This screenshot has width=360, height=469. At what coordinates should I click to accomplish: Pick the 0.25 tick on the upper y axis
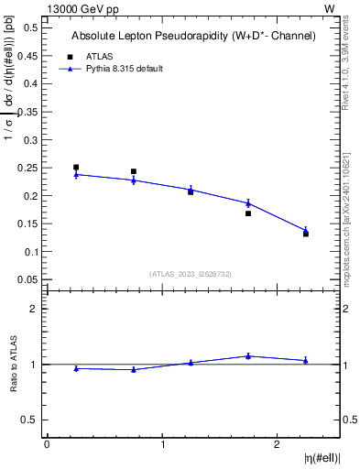[x=30, y=168]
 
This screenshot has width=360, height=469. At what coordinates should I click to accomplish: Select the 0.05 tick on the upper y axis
[x=30, y=279]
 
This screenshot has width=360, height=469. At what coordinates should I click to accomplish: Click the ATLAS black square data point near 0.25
[x=76, y=168]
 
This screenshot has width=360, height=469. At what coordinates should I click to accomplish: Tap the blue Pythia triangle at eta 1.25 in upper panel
[x=191, y=190]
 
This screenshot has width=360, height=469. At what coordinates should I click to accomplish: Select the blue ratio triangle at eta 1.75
[x=248, y=356]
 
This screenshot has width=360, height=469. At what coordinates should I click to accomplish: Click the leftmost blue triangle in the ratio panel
[x=76, y=368]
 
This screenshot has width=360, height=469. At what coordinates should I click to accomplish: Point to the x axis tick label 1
[x=162, y=444]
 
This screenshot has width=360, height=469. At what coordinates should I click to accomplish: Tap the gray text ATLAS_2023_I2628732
[x=190, y=274]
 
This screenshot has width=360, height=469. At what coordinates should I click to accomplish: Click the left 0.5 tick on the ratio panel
[x=34, y=420]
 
